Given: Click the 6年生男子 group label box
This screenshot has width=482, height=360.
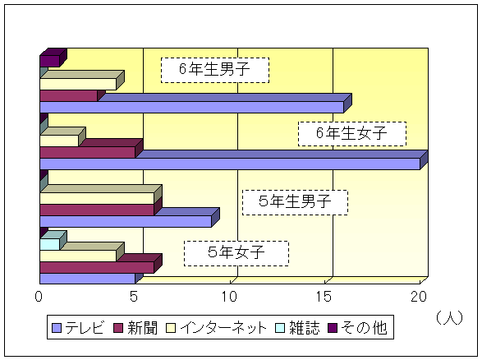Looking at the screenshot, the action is (x=215, y=70).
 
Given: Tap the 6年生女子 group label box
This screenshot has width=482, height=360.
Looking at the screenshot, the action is (x=352, y=134).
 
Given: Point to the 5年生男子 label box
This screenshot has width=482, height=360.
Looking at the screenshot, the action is (x=295, y=202).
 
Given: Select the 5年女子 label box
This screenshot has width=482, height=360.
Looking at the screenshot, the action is (x=236, y=253).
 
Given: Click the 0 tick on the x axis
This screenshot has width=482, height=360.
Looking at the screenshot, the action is (x=39, y=297).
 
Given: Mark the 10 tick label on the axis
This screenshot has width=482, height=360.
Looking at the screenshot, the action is (x=229, y=297).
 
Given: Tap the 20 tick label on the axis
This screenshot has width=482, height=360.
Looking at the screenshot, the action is (x=419, y=297).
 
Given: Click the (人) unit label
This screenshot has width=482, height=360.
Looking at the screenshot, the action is (x=450, y=318).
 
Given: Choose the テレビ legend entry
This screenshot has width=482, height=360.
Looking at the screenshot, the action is (x=78, y=328).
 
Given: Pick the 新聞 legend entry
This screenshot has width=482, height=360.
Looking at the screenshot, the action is (x=135, y=328).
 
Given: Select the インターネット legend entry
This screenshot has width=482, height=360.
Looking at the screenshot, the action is (x=217, y=328).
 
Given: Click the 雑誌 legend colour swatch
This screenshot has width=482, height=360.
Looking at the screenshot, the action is (x=280, y=328).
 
